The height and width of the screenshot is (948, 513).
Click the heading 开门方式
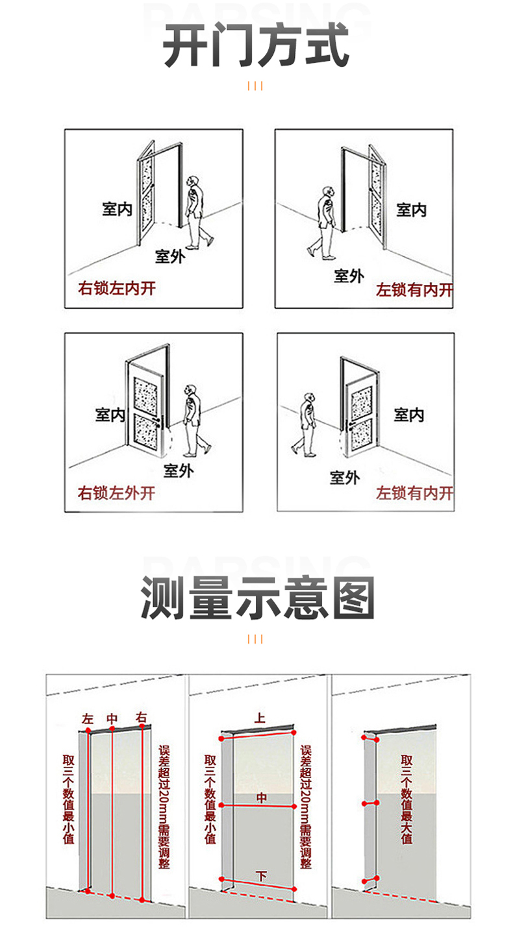(x=256, y=47)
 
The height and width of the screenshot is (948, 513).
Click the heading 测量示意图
(x=257, y=598)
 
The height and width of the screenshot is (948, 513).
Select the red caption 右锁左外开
(x=117, y=493)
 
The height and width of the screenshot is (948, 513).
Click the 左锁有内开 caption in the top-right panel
(x=414, y=290)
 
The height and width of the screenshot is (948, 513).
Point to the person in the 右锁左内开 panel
(x=197, y=212)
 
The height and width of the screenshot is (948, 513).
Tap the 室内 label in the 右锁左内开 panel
(x=117, y=209)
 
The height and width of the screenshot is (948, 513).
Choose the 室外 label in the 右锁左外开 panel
(x=178, y=470)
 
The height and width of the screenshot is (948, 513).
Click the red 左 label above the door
(x=88, y=719)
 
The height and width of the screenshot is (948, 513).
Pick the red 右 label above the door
(x=142, y=718)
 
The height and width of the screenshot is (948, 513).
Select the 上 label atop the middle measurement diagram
(x=260, y=718)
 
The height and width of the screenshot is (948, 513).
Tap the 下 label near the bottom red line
(x=261, y=876)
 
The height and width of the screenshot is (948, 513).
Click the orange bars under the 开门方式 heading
(x=255, y=86)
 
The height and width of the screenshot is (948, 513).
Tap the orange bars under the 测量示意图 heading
(x=255, y=639)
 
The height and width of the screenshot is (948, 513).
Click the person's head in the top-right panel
(x=329, y=192)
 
